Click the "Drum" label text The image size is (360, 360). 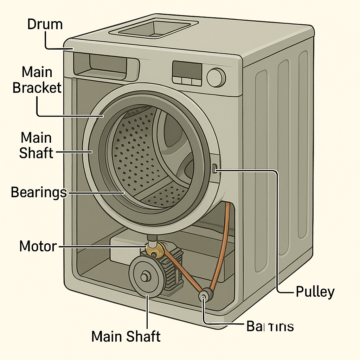45,25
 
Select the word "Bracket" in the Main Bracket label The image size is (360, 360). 37,88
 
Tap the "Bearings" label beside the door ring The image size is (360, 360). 39,192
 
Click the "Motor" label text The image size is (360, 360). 38,246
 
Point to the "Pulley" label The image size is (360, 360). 315,291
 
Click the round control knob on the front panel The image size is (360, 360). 216,77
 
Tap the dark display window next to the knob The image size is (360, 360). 187,69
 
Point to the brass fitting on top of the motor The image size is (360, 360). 155,250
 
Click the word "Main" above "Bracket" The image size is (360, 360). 37,72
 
